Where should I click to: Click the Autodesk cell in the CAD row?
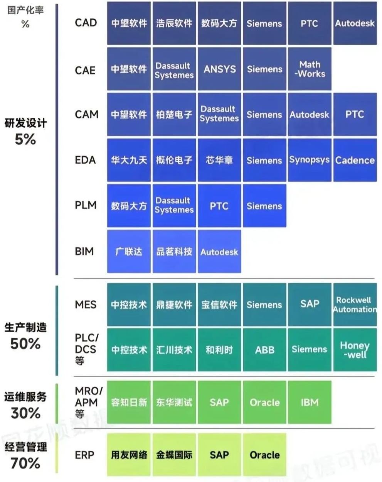click(x=355, y=23)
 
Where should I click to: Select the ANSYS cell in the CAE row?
click(x=219, y=69)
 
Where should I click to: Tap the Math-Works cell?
click(x=310, y=69)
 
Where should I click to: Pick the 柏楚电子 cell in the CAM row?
click(x=174, y=115)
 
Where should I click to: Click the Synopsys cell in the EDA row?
click(x=310, y=160)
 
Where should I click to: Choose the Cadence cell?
click(x=355, y=160)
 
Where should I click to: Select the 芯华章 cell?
click(x=219, y=160)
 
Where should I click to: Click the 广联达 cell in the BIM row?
click(x=129, y=252)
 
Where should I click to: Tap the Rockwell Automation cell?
click(x=355, y=304)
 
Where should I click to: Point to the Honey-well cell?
click(x=355, y=350)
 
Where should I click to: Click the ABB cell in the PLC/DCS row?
click(x=264, y=350)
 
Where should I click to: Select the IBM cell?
click(x=310, y=403)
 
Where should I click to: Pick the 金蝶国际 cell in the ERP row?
click(x=174, y=455)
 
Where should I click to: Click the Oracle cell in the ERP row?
click(x=264, y=455)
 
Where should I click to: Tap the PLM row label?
click(x=86, y=205)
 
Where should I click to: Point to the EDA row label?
click(x=85, y=160)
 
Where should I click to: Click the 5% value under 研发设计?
click(x=25, y=139)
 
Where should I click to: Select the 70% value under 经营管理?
click(x=25, y=463)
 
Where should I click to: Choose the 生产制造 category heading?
click(x=25, y=327)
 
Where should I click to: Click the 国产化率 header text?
click(x=25, y=10)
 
